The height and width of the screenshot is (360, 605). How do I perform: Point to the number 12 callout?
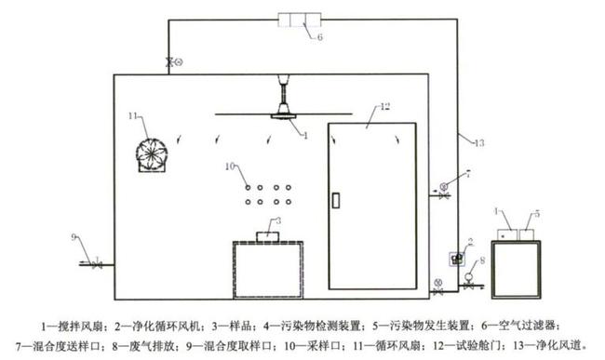[x=357, y=110]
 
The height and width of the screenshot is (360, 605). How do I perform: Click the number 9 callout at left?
[x=75, y=237]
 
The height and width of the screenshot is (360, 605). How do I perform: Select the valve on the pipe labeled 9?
[x=98, y=263]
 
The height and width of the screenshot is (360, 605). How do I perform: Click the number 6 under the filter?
[x=318, y=38]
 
